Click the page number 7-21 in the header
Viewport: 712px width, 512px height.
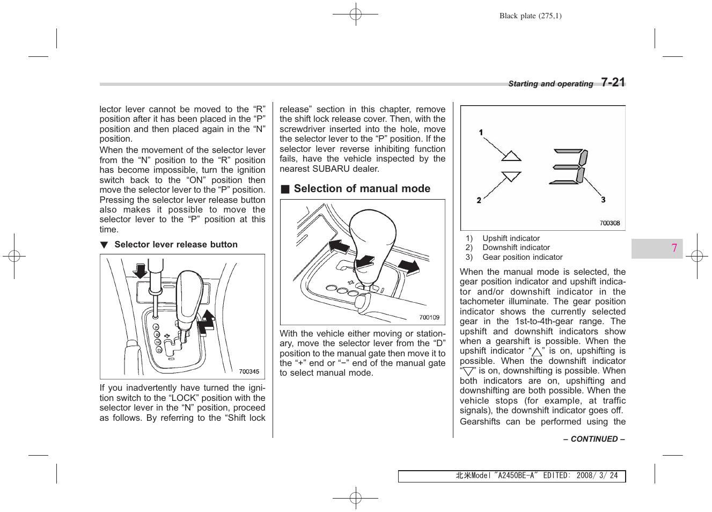[613, 83]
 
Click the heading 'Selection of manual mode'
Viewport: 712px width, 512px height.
[362, 189]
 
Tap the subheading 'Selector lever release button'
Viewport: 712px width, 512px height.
[175, 245]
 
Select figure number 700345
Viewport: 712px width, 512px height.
[248, 371]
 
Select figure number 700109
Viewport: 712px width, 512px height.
[429, 318]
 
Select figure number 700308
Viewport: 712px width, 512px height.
[609, 223]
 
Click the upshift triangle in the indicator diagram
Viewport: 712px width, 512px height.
[511, 156]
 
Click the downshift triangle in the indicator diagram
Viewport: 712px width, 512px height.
[511, 176]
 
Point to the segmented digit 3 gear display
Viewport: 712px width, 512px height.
[570, 167]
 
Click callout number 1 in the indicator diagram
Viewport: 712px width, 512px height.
[481, 132]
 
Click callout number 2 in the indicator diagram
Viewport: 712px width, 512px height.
[479, 200]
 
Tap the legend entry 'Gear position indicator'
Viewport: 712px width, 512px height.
[522, 258]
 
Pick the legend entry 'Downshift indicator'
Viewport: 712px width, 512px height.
[516, 248]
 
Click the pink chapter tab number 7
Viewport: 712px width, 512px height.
[674, 248]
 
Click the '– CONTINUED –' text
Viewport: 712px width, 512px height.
[593, 439]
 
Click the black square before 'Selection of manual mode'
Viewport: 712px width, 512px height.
[285, 189]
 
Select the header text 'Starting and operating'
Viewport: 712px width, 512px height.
[550, 84]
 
